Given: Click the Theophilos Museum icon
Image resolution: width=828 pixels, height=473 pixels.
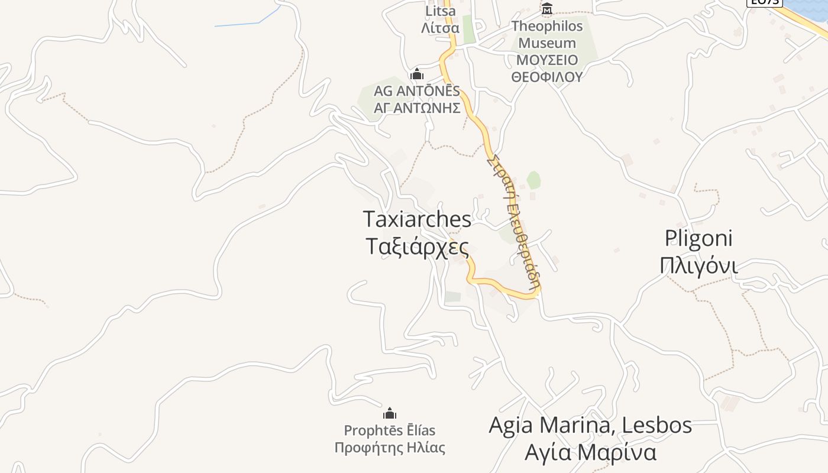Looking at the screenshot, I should click(x=547, y=9).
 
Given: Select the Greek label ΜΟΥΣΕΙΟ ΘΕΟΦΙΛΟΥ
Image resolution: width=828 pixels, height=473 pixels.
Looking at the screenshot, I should click(x=546, y=69).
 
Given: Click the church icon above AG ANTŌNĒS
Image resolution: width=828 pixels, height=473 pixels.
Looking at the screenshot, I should click(x=417, y=74).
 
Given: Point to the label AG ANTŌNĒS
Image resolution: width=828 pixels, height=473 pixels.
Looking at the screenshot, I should click(x=417, y=92).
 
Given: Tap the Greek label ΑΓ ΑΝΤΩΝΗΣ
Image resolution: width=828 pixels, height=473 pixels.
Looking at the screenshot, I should click(x=417, y=108).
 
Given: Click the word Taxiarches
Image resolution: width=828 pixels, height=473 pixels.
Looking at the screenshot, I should click(x=418, y=219).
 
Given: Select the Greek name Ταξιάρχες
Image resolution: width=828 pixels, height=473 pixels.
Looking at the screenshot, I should click(x=418, y=247).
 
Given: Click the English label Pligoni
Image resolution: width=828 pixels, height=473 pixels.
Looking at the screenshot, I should click(x=698, y=238).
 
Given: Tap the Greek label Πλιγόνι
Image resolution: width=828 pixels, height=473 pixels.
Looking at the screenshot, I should click(x=698, y=265).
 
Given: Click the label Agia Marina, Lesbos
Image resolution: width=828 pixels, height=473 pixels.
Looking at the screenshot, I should click(x=590, y=425).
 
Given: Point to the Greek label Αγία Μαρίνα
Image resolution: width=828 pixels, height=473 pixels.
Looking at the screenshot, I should click(x=590, y=452).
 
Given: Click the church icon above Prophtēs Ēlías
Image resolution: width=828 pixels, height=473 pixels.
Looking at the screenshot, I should click(x=390, y=413).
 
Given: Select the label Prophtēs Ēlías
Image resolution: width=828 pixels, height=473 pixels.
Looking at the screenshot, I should click(x=390, y=430).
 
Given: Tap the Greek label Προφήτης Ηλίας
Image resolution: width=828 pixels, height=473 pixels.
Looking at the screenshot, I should click(x=390, y=448).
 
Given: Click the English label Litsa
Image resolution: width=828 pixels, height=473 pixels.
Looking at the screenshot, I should click(x=441, y=11).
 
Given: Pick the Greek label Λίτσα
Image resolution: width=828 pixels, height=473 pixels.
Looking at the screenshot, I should click(x=440, y=28).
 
